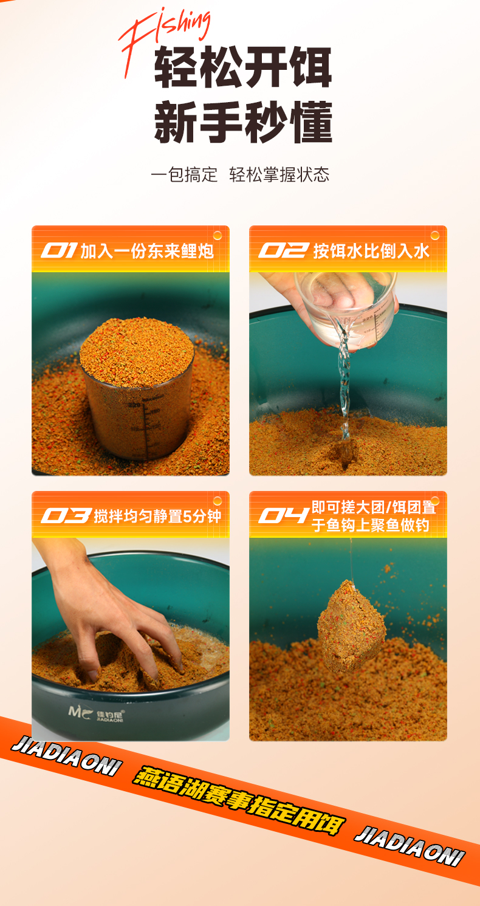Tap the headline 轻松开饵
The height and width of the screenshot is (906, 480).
pos(243,67)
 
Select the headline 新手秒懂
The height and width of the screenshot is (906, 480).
pos(243,122)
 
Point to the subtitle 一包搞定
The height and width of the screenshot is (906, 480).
pos(184,175)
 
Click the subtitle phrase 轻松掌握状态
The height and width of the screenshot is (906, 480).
pos(279,175)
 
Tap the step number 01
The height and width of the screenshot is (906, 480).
pos(59,250)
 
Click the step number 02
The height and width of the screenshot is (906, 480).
pos(284,250)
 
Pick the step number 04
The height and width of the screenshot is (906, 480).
pos(284,516)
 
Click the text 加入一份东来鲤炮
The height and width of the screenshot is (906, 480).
pos(147,251)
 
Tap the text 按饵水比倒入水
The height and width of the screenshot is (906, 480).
pos(371,251)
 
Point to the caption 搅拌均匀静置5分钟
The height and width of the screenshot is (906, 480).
pos(158,516)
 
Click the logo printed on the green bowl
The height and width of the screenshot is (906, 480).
pos(96,714)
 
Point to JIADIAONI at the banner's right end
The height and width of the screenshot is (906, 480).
pos(410,845)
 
